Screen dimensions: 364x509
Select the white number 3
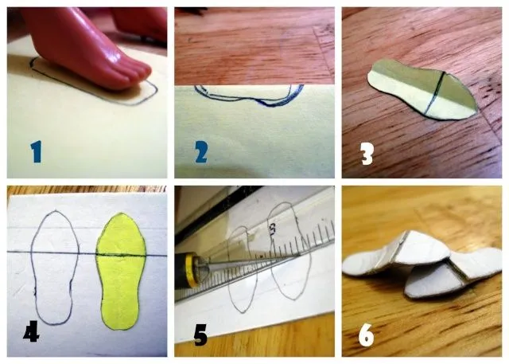pyautogui.click(x=367, y=151)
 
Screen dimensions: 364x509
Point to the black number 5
pyautogui.click(x=200, y=335)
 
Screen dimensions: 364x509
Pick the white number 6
pyautogui.click(x=366, y=335)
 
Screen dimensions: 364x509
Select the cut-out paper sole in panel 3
pyautogui.click(x=422, y=93)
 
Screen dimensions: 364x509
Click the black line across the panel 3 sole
pyautogui.click(x=436, y=94)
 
